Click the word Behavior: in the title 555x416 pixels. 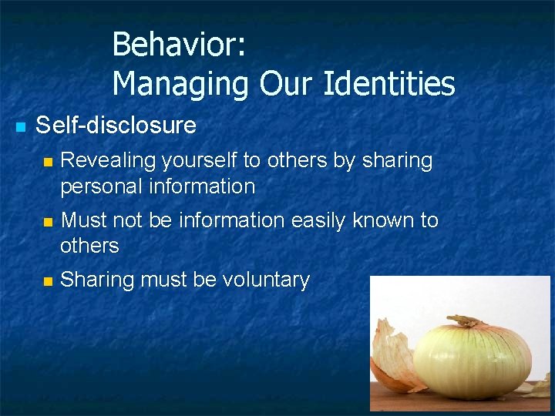(179, 45)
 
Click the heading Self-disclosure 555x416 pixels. (116, 125)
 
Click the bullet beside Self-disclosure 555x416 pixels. (21, 126)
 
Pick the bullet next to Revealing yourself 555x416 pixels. (48, 162)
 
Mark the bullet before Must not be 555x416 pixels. (48, 222)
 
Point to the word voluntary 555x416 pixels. (266, 280)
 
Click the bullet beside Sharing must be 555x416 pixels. (48, 281)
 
